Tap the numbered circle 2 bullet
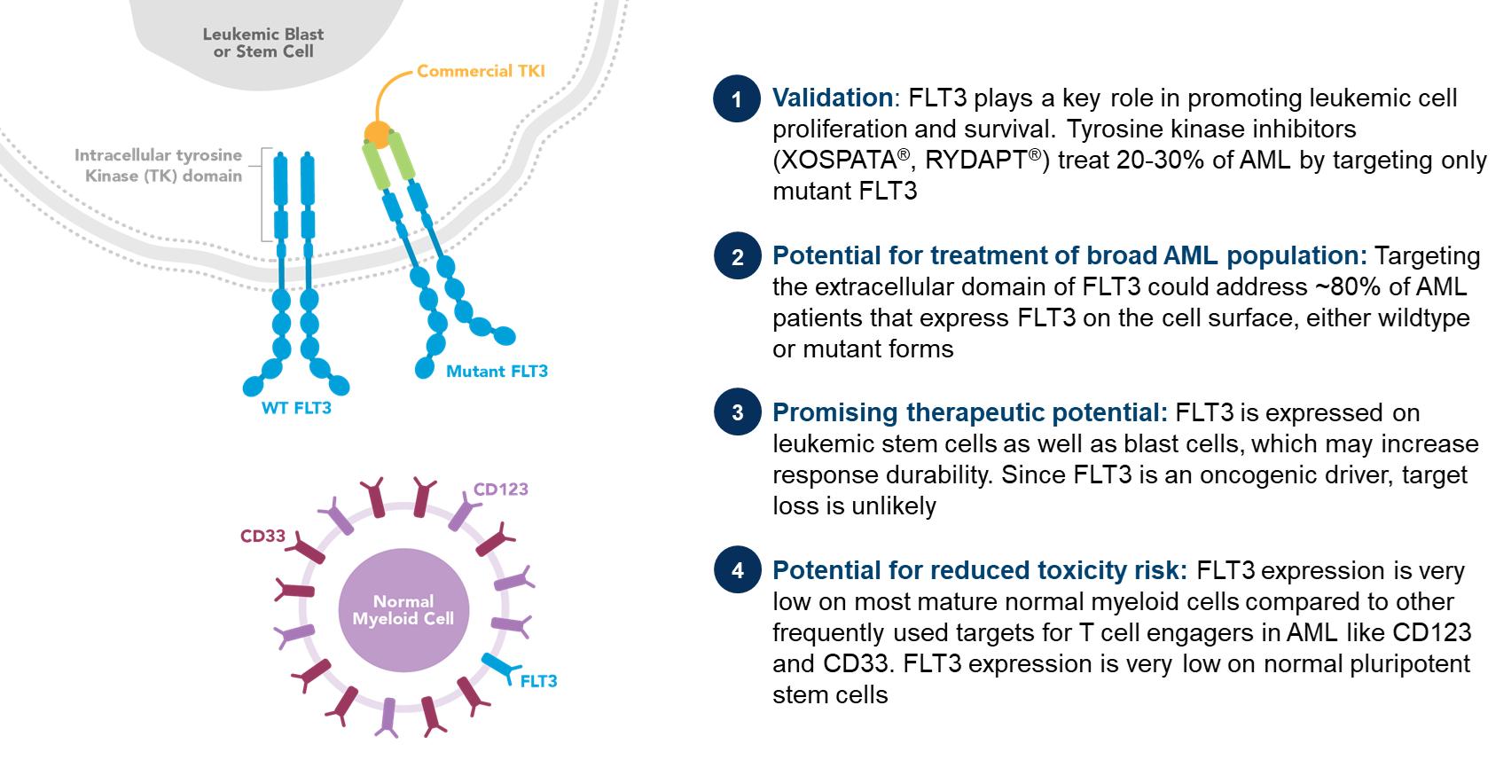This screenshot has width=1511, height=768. pos(737,257)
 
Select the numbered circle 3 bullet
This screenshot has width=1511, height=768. pos(737,412)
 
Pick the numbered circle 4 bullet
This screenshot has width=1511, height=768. pos(737,570)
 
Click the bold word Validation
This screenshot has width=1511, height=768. pos(833,98)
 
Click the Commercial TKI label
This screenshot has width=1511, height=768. pos(481,71)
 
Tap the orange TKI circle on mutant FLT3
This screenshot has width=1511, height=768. pos(377,136)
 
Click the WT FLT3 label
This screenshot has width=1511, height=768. pos(296,409)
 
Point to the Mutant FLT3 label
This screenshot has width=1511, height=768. pos(497,372)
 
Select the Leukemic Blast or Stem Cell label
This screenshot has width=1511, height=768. pos(262,43)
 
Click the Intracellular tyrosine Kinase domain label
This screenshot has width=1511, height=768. pos(159,166)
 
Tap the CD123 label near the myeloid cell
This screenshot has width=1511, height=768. pos(500,490)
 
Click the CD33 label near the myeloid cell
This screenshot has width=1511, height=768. pos(262,537)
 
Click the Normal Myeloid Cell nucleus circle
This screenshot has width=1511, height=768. pos(403,610)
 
